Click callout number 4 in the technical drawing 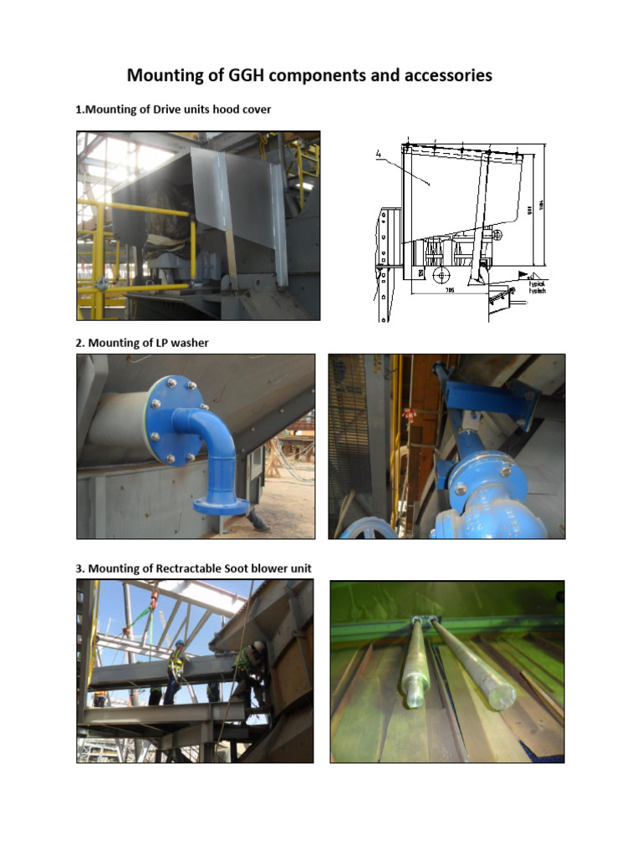378,153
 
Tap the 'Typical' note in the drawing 536,284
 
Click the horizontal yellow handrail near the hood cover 134,287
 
